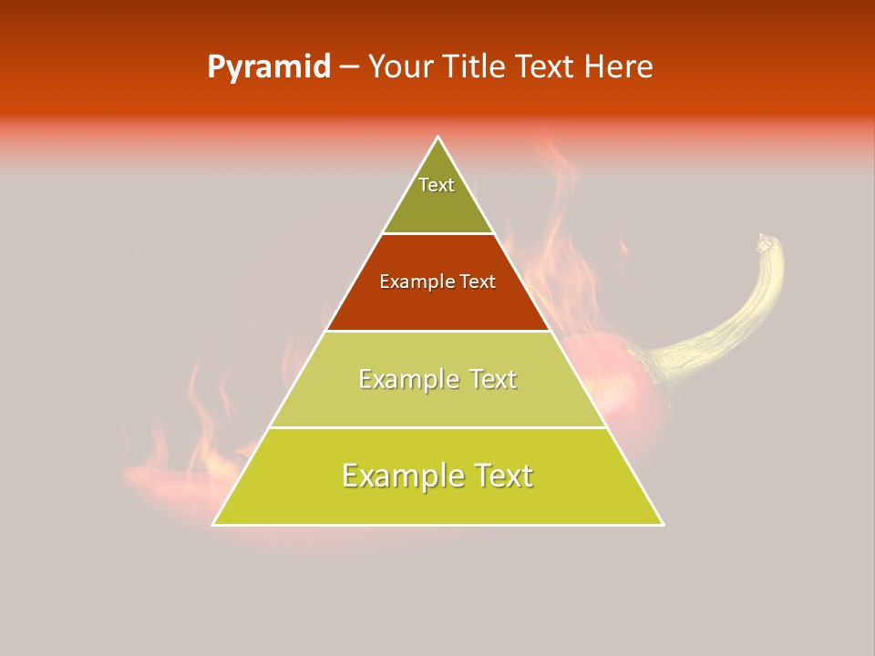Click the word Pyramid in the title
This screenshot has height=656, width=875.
pos(269,67)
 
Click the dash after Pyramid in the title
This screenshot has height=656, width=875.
pos(349,67)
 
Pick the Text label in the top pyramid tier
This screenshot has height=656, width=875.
pos(437,185)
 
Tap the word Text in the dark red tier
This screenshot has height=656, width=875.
pos(478,282)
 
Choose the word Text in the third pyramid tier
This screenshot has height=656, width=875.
pos(492,379)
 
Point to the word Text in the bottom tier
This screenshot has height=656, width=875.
pos(501,476)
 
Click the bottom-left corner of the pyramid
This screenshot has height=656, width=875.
pos(214,524)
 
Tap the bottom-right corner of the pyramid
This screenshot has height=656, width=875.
pos(663,524)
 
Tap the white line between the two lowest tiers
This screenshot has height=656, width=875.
pos(438,427)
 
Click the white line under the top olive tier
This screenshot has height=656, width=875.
pos(438,234)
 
